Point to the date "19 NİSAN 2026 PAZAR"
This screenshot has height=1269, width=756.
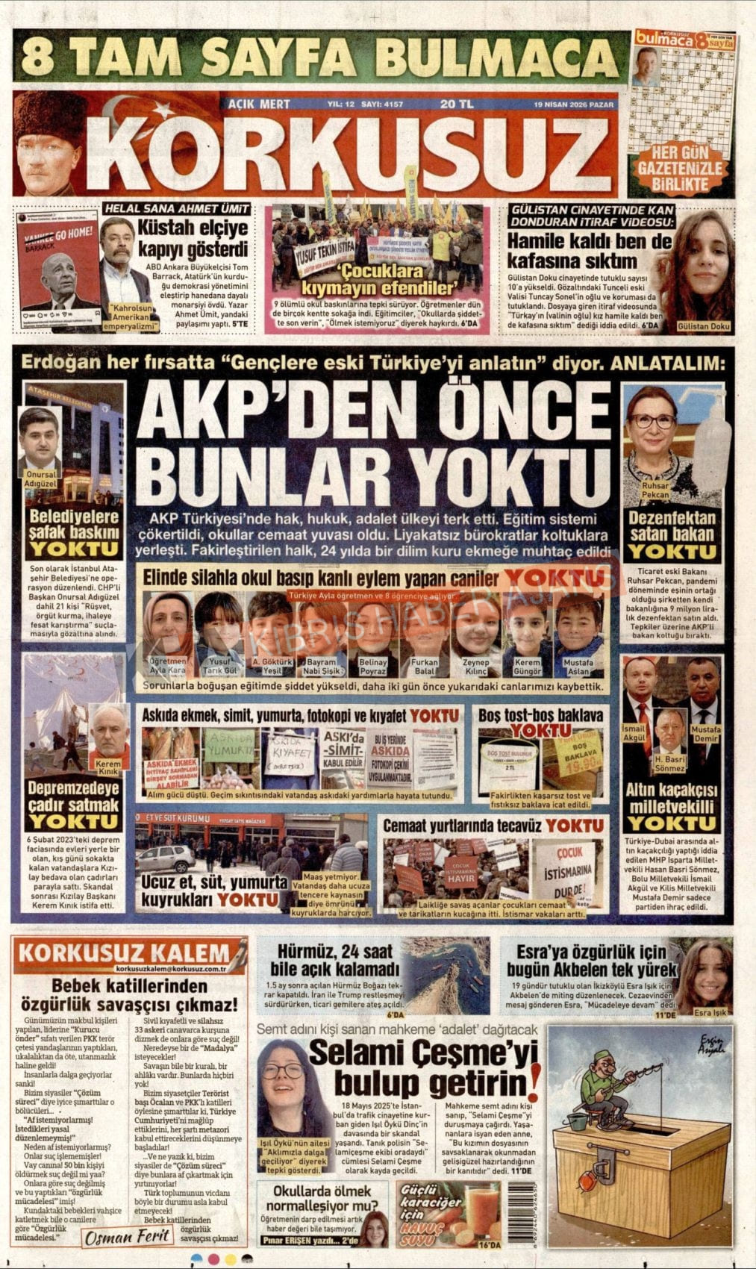point(574,105)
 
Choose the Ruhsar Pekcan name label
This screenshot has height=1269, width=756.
point(655,490)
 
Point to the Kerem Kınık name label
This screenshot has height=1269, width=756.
point(108,767)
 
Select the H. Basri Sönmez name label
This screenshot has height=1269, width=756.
point(669,764)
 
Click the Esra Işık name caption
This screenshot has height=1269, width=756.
point(709,1013)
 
